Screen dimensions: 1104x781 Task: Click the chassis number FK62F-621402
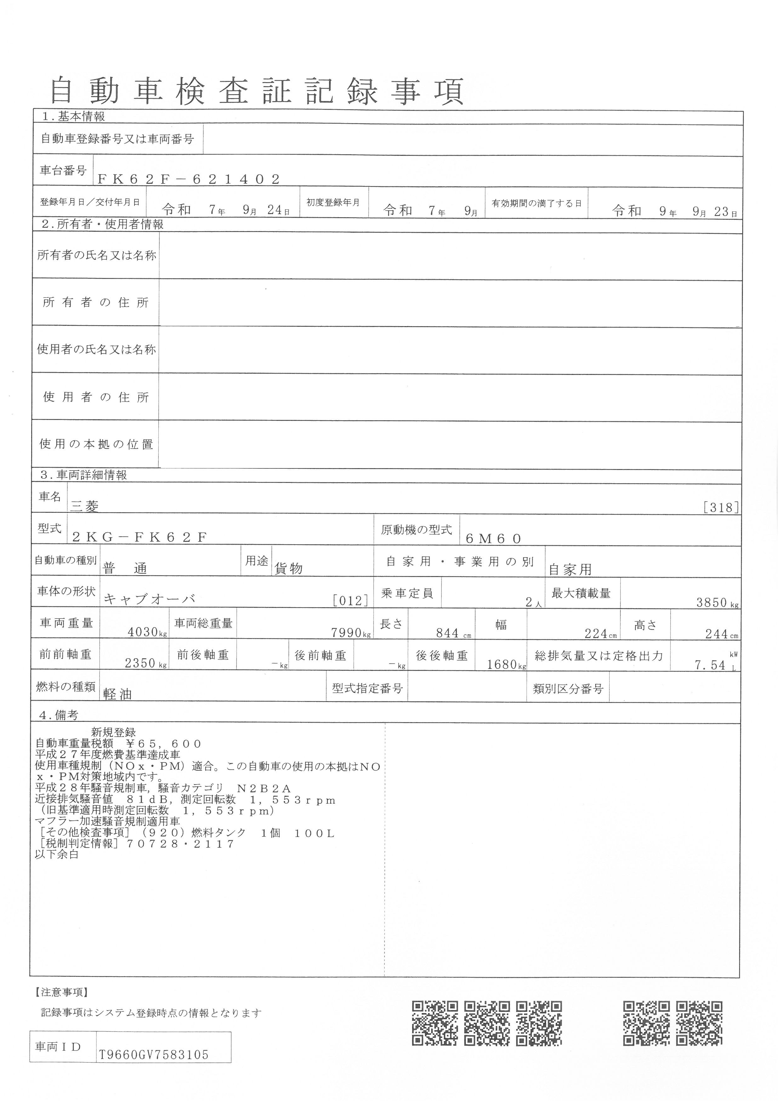[x=189, y=179]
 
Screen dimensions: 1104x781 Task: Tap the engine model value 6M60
[x=493, y=539]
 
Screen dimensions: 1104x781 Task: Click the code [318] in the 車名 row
[x=721, y=507]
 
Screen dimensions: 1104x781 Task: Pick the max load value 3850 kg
[x=716, y=603]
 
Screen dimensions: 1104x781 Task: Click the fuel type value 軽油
[x=117, y=694]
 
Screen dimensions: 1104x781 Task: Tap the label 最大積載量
[x=581, y=593]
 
